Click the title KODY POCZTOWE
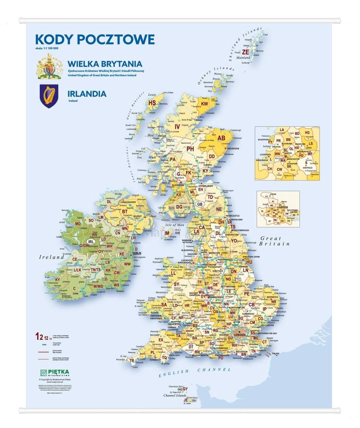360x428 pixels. pos(95,39)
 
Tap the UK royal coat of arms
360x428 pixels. pos(50,66)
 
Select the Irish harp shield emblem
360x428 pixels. pos(49,96)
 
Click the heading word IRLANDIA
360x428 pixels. pos(87,94)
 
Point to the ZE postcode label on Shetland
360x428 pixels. pos(245,52)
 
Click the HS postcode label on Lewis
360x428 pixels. pos(152,103)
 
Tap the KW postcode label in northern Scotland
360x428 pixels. pos(204,104)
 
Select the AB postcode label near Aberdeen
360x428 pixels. pos(221,138)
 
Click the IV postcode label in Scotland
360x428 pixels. pos(177,127)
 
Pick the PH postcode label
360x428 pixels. pos(190,149)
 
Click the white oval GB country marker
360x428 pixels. pos(200,204)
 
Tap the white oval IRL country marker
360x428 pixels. pos(91,241)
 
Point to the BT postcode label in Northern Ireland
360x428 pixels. pos(125,211)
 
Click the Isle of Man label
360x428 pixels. pos(174,225)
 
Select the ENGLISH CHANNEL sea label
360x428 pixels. pos(195,371)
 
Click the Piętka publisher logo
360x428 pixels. pos(54,373)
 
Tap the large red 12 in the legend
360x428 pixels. pos(39,337)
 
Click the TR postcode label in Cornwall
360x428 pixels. pos(132,361)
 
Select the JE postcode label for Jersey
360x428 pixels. pos(186,400)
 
